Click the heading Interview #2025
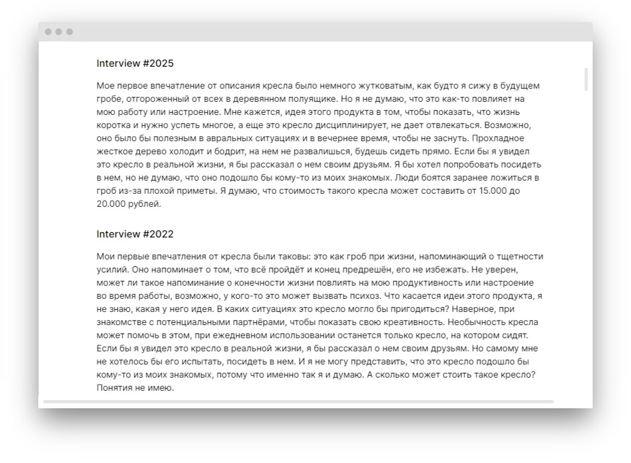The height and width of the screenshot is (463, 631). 135,63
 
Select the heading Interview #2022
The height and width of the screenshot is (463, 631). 135,234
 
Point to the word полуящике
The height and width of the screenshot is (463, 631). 309,99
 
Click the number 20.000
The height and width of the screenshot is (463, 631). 111,204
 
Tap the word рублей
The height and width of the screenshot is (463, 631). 145,204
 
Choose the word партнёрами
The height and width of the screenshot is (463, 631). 259,322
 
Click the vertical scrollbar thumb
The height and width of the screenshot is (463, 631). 586,79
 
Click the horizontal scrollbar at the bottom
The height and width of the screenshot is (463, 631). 298,402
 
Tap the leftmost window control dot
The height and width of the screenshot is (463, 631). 48,32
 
